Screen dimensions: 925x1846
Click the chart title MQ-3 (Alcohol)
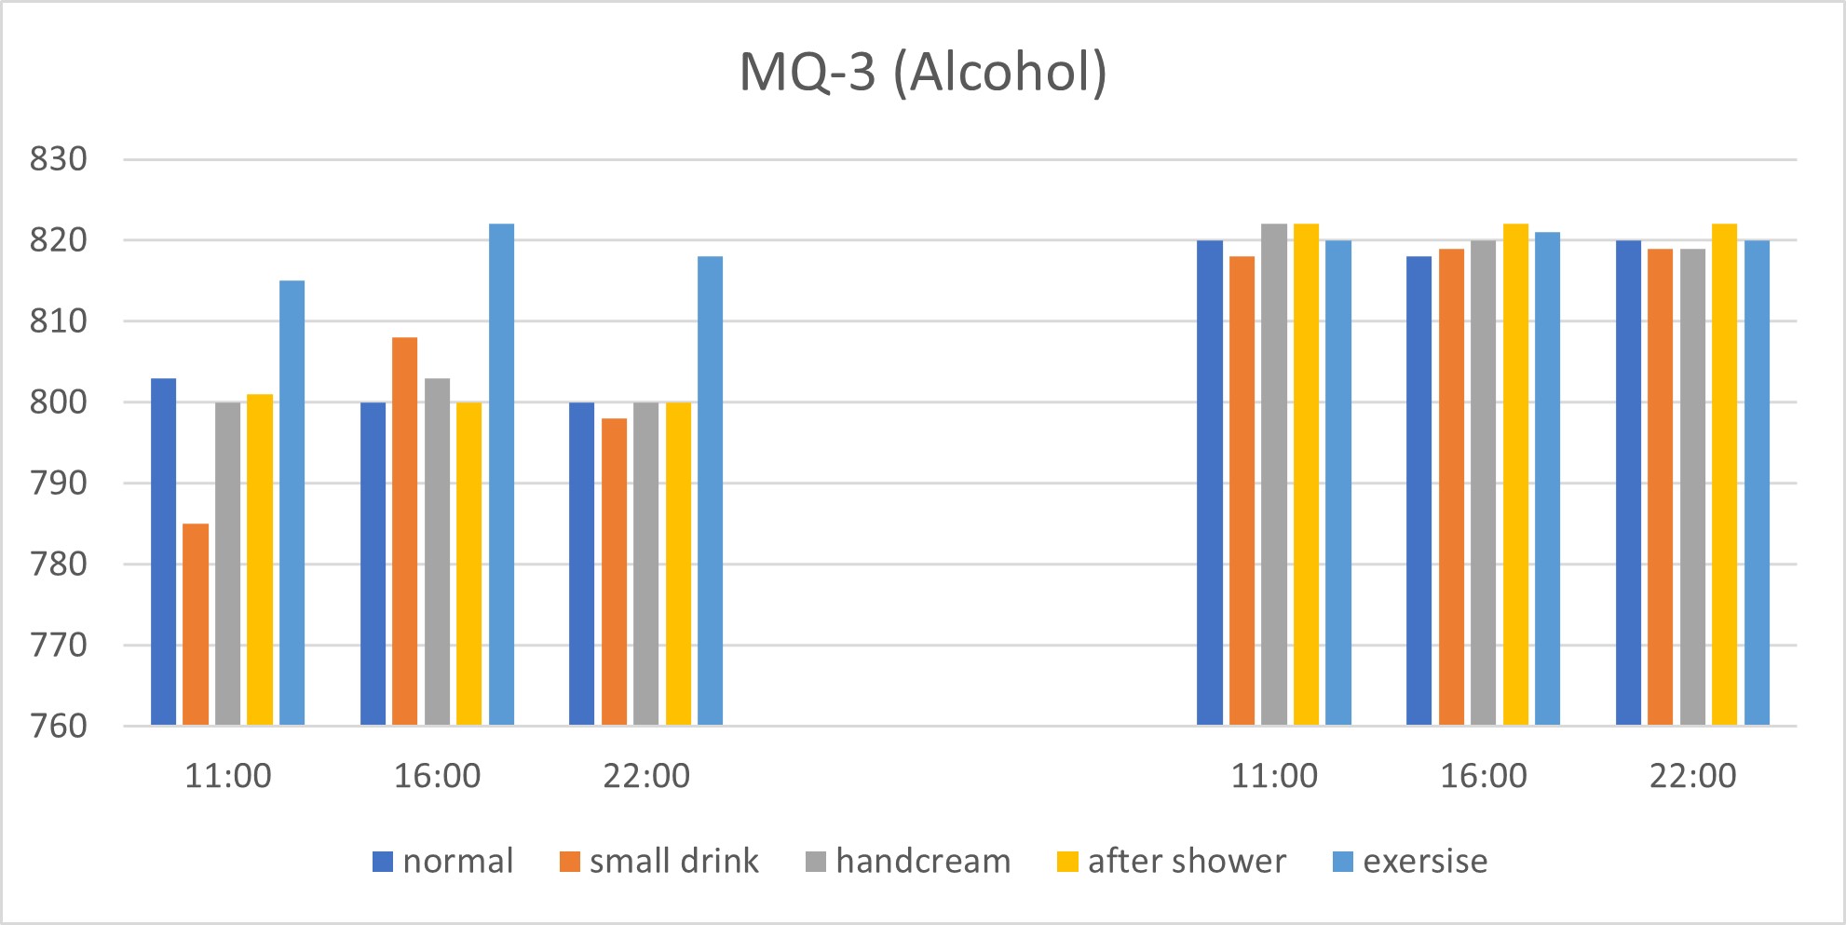click(922, 73)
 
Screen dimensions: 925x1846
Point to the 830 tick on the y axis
click(58, 159)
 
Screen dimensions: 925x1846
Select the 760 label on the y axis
click(58, 726)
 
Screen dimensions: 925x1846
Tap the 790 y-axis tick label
click(58, 483)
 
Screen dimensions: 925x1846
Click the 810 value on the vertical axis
click(58, 321)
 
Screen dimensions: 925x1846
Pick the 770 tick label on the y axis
click(58, 645)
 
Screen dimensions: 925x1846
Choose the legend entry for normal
click(443, 861)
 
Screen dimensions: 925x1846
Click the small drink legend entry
click(659, 861)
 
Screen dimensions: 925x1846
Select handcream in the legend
click(908, 861)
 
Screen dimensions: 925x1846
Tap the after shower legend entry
click(1172, 861)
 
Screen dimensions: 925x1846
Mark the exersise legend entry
click(1410, 861)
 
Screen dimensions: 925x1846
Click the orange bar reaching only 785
click(196, 624)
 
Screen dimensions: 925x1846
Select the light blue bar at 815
click(292, 503)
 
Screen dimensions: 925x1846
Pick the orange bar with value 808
click(404, 531)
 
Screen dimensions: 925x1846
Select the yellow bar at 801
click(260, 559)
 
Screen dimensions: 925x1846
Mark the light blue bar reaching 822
click(501, 474)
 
